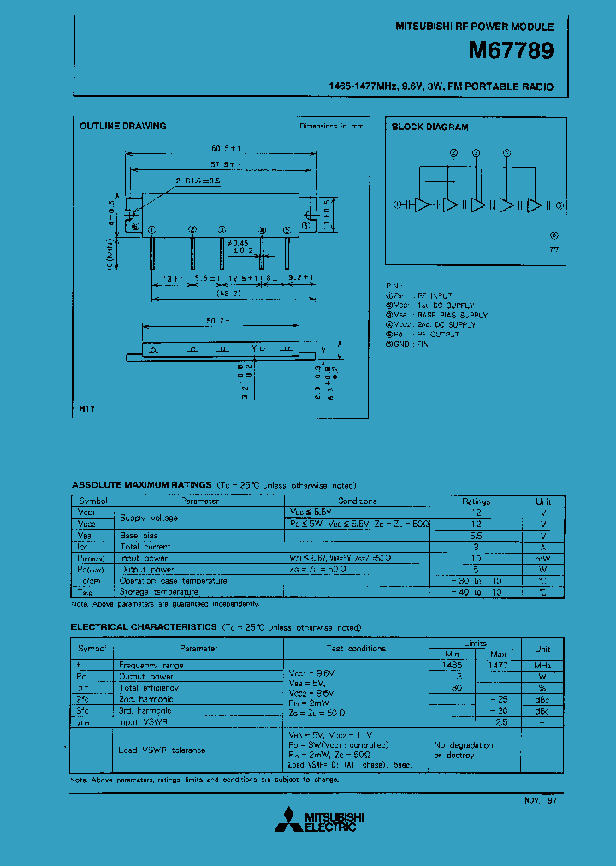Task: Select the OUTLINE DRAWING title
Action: (x=123, y=127)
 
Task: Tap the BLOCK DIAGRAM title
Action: (x=429, y=128)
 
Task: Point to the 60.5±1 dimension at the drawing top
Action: (x=225, y=149)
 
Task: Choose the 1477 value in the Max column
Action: (x=498, y=665)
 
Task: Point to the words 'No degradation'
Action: (x=464, y=744)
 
